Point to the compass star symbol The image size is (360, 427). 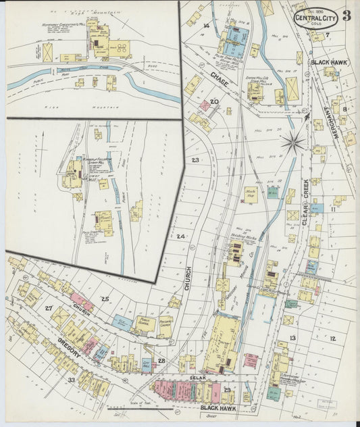tap(293, 142)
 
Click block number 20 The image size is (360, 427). tap(214, 102)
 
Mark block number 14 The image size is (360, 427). tap(206, 26)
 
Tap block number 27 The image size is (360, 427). tap(49, 308)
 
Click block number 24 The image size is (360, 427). tap(180, 236)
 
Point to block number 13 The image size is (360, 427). tap(292, 337)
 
